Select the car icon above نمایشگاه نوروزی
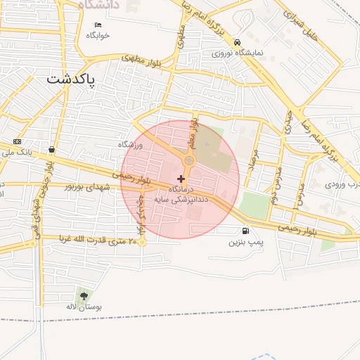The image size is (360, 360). pos(238,42)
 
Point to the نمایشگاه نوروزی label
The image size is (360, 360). pos(238,53)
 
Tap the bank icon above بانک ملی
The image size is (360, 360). pos(18,142)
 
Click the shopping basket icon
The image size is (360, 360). pos(52,149)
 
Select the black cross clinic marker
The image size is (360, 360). pos(181,179)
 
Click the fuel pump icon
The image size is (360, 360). pos(245,231)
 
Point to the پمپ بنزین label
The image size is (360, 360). pos(245,242)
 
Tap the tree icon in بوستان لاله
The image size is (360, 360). pos(84,296)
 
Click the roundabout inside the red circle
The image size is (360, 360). pos(188,162)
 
